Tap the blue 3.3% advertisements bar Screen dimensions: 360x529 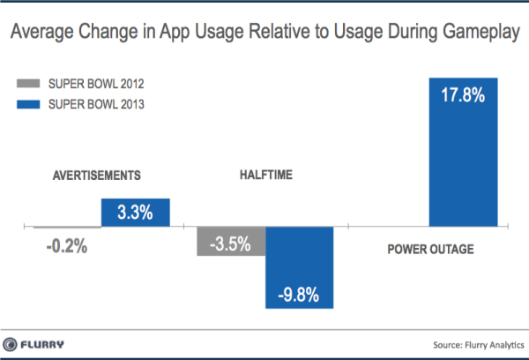[x=135, y=213]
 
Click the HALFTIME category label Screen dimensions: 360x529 [x=265, y=174]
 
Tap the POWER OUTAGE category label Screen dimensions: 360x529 [x=430, y=250]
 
